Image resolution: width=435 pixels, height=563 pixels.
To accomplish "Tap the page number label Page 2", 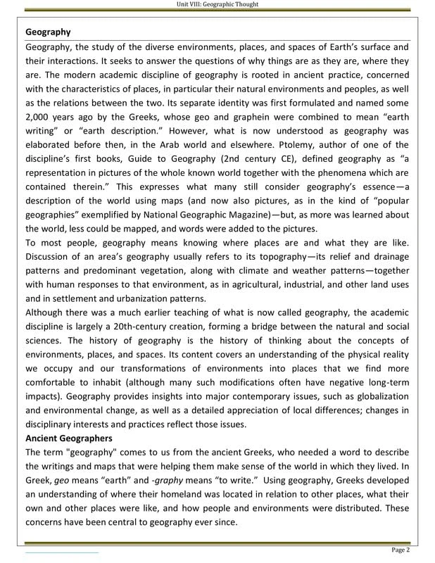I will [x=403, y=549].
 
